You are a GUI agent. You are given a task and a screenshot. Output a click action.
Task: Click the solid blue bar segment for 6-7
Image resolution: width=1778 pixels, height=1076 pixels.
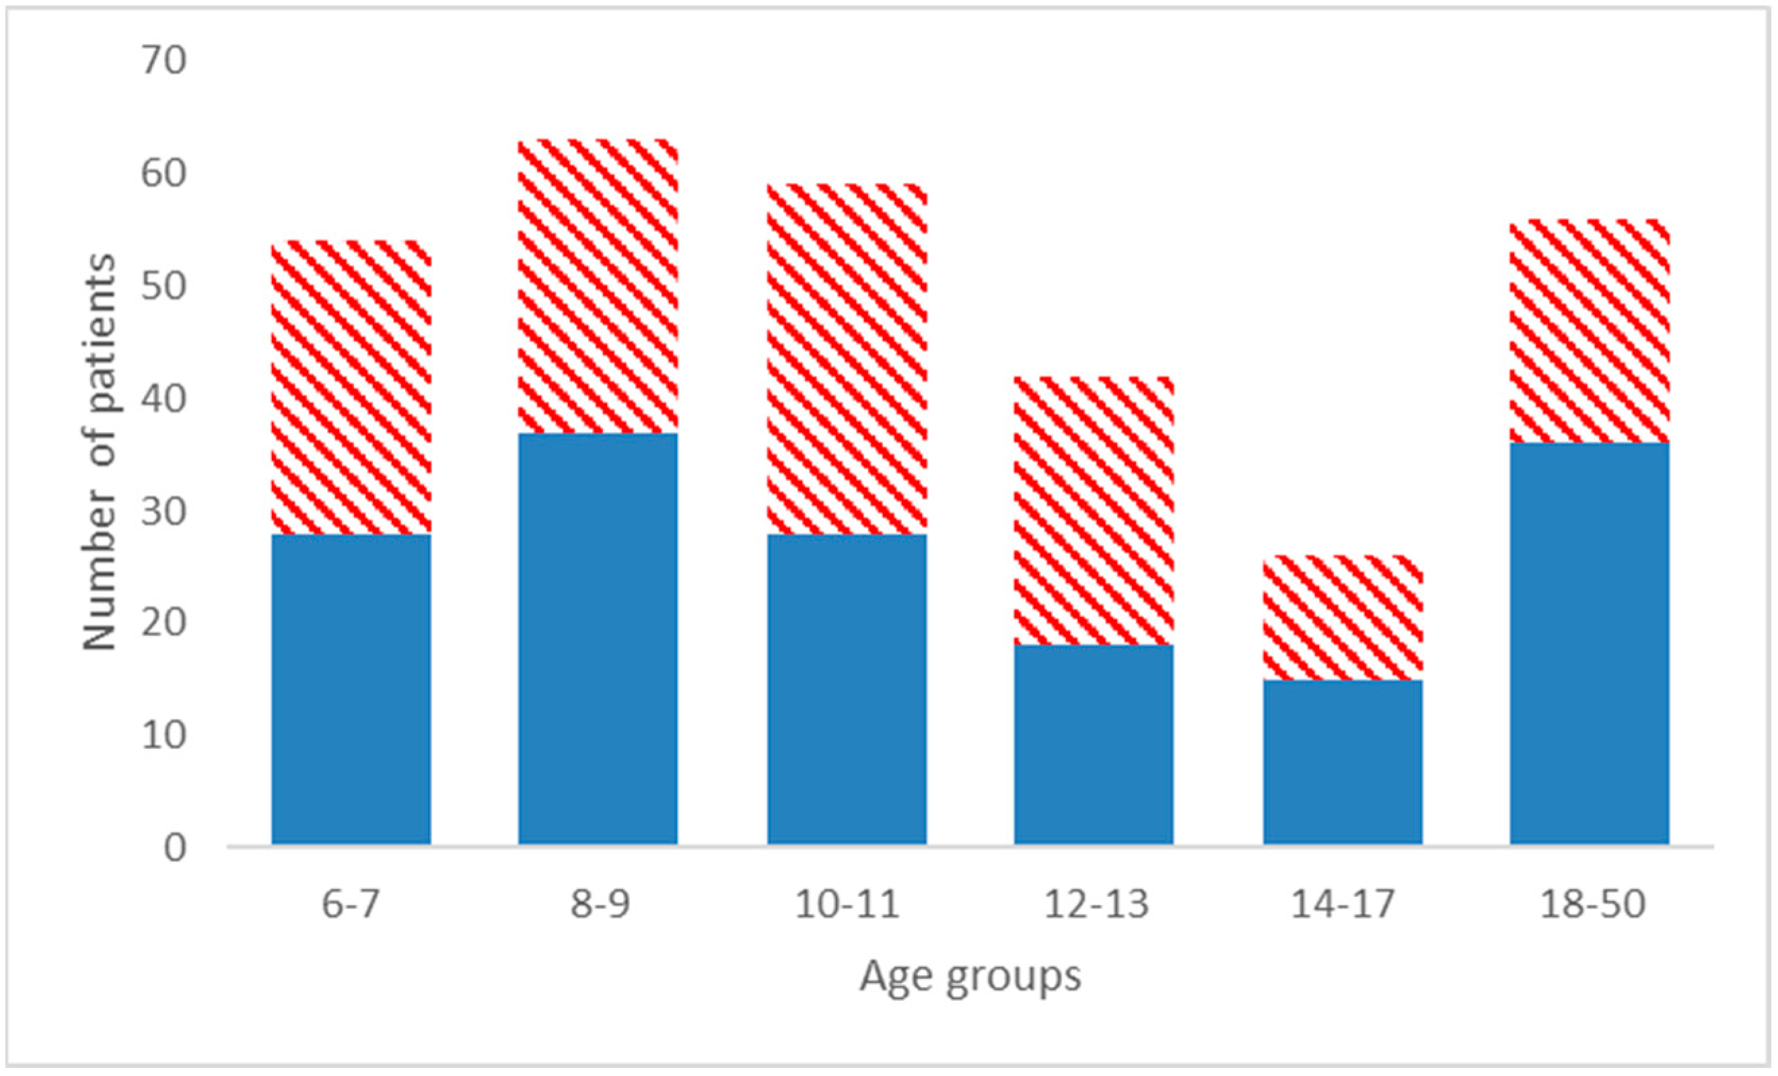pos(351,689)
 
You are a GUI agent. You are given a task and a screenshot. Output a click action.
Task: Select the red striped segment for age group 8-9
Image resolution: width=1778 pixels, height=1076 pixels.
pos(598,286)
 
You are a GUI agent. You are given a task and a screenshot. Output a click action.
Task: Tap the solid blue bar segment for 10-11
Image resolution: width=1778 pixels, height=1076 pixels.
pos(847,689)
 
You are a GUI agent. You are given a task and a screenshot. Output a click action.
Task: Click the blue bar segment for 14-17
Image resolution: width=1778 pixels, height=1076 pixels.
pos(1342,762)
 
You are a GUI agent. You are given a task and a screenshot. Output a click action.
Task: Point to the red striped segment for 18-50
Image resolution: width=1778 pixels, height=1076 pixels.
pos(1589,330)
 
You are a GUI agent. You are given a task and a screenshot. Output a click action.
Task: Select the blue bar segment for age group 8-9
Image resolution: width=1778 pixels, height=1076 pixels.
pos(598,639)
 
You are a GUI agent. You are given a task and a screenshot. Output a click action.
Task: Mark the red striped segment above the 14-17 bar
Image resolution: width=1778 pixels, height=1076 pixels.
pos(1342,618)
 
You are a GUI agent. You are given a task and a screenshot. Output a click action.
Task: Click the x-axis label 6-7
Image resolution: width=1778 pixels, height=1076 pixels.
pos(351,904)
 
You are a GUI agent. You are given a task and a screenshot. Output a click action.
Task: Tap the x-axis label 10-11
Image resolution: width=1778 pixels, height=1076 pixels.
pos(847,904)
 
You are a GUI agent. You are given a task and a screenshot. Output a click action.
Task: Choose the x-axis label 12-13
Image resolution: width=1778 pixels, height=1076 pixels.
pos(1096,904)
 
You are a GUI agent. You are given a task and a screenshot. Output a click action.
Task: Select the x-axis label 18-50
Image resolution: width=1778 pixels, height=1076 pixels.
pos(1592,904)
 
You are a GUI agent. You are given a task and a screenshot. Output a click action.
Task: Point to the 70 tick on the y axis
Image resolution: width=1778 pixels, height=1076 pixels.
pos(164,61)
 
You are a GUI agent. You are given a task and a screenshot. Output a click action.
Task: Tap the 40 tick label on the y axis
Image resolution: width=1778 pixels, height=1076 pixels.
pos(164,398)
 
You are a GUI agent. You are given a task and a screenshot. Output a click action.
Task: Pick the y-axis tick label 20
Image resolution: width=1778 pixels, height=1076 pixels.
pos(164,623)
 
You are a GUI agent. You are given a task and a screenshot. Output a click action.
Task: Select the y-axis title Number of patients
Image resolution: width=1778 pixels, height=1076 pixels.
pos(99,452)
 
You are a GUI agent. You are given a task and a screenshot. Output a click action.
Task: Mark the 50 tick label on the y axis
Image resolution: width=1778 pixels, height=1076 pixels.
pos(164,287)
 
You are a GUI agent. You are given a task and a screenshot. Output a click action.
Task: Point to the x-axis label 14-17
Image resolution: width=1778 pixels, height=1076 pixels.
pos(1342,904)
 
